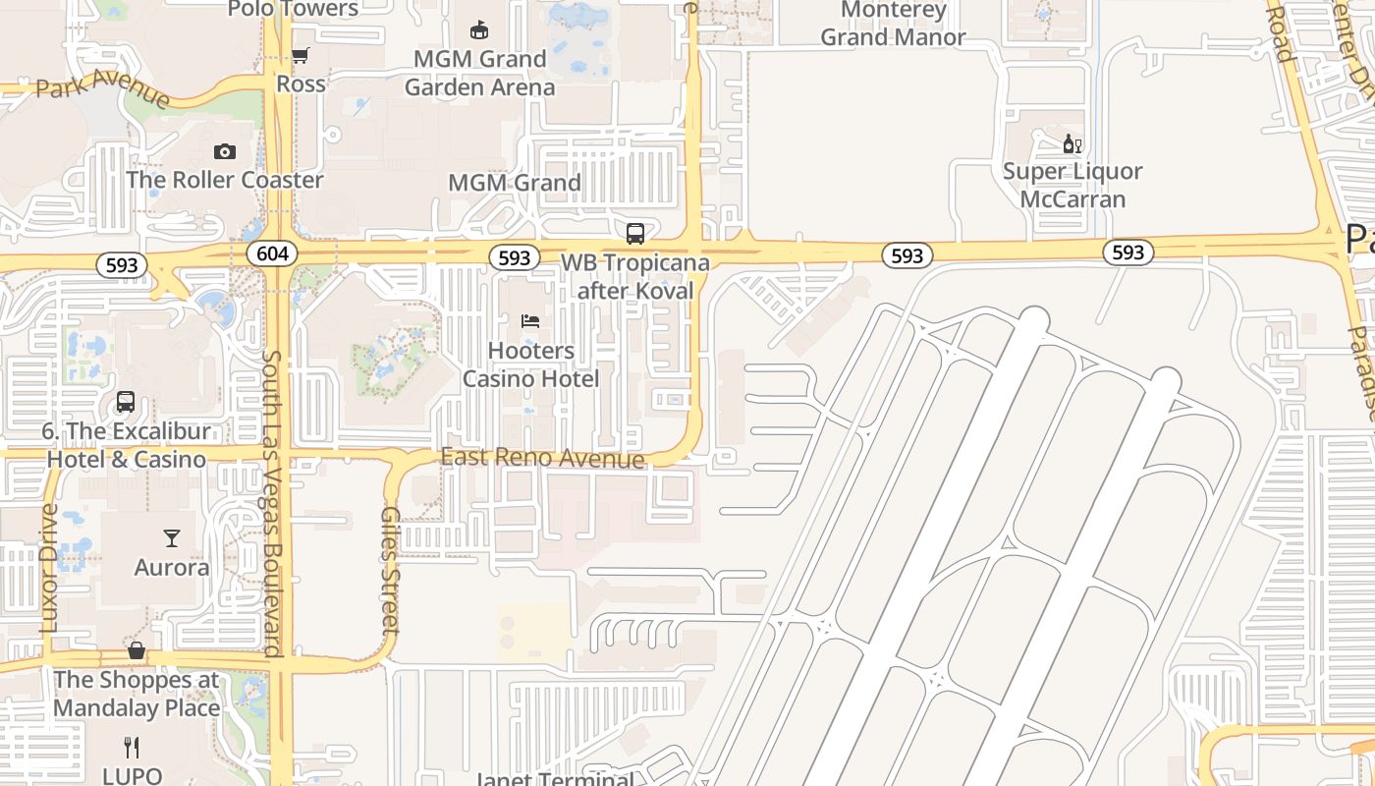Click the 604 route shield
tap(272, 254)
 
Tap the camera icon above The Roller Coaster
tap(225, 151)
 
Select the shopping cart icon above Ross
tap(301, 55)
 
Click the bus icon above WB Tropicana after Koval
tap(635, 234)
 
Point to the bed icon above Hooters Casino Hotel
tap(530, 321)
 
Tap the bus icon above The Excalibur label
tap(126, 402)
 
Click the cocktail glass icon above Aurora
tap(172, 538)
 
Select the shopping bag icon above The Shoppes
tap(137, 650)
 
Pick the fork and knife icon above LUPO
tap(132, 748)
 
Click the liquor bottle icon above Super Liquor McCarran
tap(1072, 144)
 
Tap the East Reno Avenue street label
tap(542, 458)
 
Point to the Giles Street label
tap(391, 570)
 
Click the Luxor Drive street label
tap(50, 568)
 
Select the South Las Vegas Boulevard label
tap(274, 503)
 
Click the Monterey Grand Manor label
tap(893, 25)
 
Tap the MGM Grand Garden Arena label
tap(479, 73)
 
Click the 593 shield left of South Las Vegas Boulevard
tap(122, 265)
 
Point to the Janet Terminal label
tap(555, 779)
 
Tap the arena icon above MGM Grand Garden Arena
tap(479, 29)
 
